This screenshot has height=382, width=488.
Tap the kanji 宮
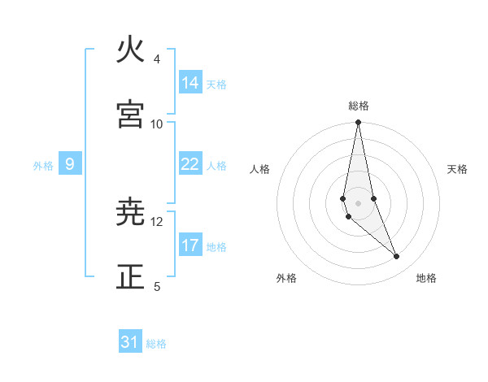click(131, 114)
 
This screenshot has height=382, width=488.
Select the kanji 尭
click(131, 213)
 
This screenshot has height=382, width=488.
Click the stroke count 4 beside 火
click(157, 59)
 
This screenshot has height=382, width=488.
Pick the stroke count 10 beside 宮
click(157, 124)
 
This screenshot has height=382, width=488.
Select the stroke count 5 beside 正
click(157, 286)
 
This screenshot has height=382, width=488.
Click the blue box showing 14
click(190, 82)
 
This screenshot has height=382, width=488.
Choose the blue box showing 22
click(190, 164)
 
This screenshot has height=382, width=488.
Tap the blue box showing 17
click(190, 245)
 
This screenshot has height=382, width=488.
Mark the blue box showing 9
click(70, 164)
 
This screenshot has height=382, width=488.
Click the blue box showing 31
click(130, 342)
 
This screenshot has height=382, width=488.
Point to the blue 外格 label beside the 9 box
click(43, 166)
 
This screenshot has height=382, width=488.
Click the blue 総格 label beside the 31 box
click(156, 344)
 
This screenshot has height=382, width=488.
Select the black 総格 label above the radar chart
click(359, 106)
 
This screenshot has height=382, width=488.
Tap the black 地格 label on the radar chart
click(426, 278)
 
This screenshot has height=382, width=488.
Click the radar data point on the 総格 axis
click(359, 123)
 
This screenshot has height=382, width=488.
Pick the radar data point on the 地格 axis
click(397, 257)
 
